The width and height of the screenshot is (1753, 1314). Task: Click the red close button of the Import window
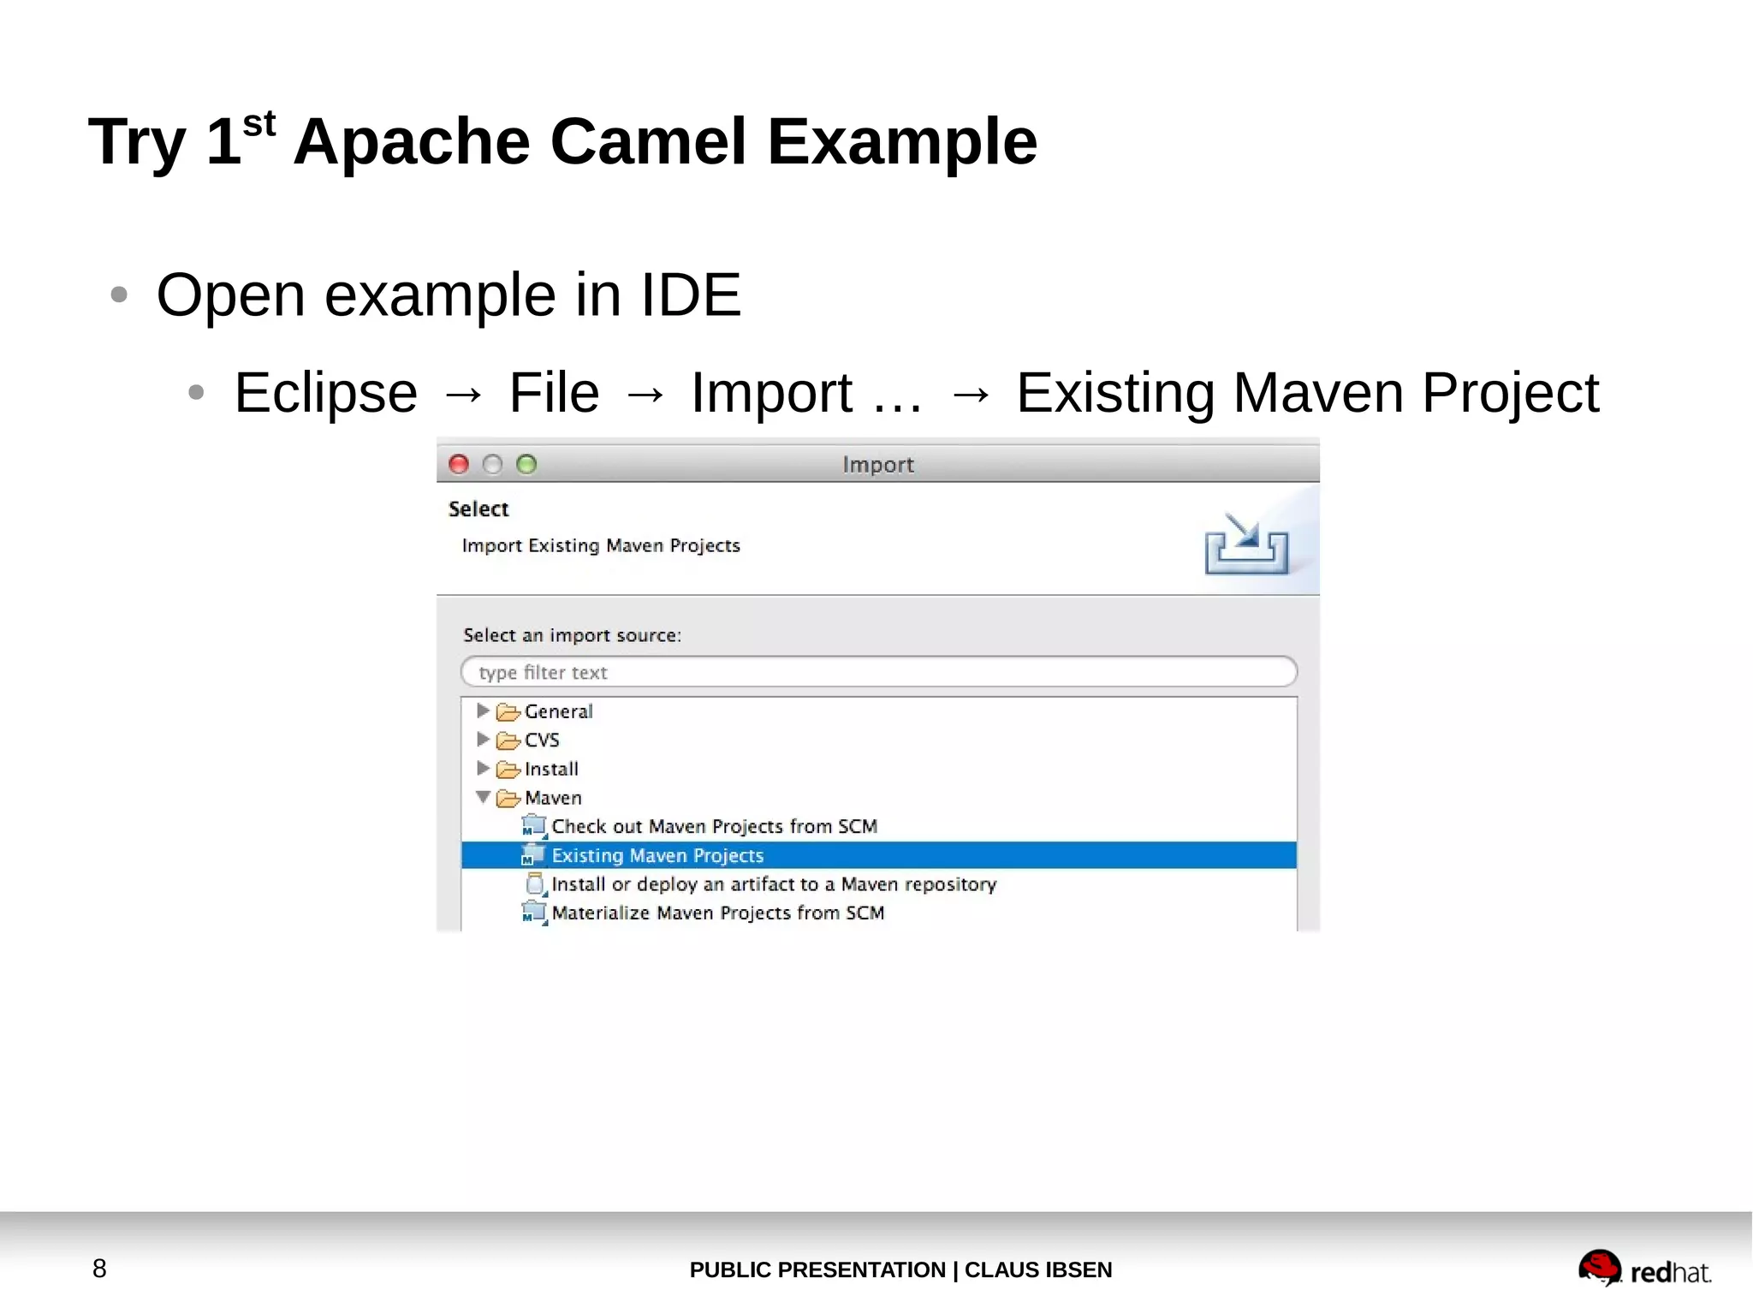pyautogui.click(x=459, y=464)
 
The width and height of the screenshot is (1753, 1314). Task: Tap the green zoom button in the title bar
pyautogui.click(x=526, y=464)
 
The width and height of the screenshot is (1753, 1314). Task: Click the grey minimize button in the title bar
pyautogui.click(x=492, y=464)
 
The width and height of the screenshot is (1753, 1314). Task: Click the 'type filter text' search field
pyautogui.click(x=878, y=672)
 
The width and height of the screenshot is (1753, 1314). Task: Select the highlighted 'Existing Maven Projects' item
pyautogui.click(x=657, y=855)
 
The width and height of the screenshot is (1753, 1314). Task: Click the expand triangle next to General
pyautogui.click(x=483, y=711)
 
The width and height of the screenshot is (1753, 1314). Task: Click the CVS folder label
pyautogui.click(x=541, y=740)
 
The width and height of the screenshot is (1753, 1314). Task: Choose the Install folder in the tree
pyautogui.click(x=550, y=769)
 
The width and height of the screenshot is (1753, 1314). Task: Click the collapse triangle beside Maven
pyautogui.click(x=483, y=797)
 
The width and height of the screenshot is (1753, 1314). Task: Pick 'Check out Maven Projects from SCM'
pyautogui.click(x=714, y=826)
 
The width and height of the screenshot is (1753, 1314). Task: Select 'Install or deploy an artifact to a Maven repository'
pyautogui.click(x=773, y=883)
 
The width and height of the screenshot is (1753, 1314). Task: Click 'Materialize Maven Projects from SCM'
pyautogui.click(x=717, y=913)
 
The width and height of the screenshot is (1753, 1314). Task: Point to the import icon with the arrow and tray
pyautogui.click(x=1246, y=544)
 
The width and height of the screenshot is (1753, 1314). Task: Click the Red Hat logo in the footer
pyautogui.click(x=1643, y=1269)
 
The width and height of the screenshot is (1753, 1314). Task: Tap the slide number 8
pyautogui.click(x=99, y=1269)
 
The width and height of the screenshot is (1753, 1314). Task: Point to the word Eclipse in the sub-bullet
pyautogui.click(x=326, y=393)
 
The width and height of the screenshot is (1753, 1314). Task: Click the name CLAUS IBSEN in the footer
pyautogui.click(x=1037, y=1269)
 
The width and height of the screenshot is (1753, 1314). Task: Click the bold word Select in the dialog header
pyautogui.click(x=478, y=509)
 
